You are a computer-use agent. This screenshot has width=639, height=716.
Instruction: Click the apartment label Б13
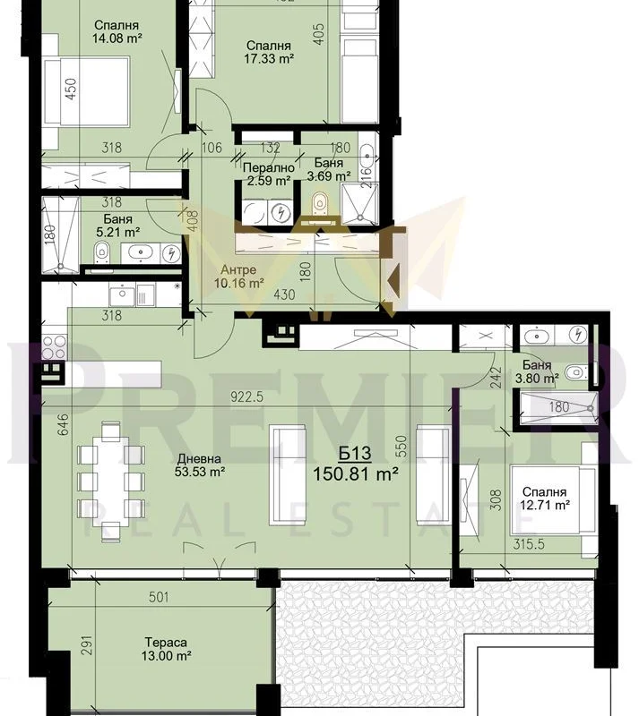[355, 454]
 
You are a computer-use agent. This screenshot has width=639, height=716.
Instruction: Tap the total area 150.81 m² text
[355, 474]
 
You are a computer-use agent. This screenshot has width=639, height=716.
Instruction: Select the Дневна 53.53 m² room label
[200, 465]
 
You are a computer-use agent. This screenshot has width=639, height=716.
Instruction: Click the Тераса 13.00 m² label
[166, 649]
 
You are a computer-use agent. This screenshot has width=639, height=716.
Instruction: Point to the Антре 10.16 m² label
[238, 277]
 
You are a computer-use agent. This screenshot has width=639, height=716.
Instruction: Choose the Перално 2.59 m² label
[269, 174]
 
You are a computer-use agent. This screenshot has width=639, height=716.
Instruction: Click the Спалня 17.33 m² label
[269, 52]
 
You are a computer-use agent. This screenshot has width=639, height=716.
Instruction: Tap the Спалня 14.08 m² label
[117, 31]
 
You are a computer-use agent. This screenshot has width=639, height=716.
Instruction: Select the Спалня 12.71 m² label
[544, 499]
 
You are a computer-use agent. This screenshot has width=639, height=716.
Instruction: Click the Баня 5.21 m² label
[117, 226]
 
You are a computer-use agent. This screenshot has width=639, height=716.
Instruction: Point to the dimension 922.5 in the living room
[247, 396]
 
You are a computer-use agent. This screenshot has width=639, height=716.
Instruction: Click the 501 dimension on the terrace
[160, 597]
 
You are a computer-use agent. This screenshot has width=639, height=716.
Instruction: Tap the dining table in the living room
[111, 482]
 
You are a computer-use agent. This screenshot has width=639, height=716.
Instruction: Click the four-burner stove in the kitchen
[55, 346]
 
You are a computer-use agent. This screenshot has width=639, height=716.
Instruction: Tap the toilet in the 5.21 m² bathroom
[102, 253]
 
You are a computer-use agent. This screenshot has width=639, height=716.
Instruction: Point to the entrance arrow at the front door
[393, 277]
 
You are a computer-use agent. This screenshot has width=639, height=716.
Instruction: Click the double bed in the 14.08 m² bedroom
[87, 91]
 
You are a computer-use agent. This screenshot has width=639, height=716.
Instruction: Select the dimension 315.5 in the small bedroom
[528, 544]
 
